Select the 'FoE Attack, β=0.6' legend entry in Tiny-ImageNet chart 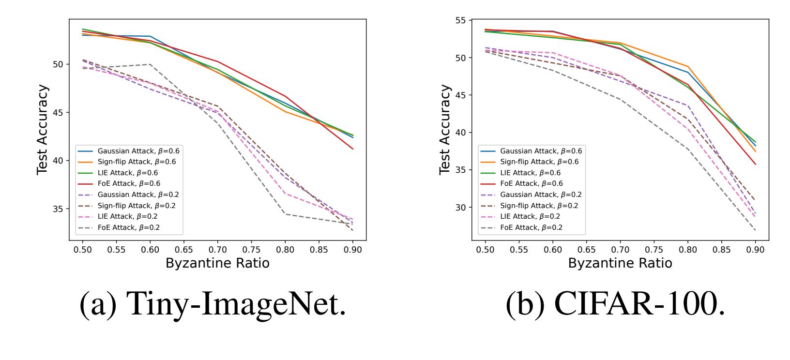point(129,184)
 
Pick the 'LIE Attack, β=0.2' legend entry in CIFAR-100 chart point(530,217)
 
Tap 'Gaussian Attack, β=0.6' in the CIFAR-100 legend point(541,151)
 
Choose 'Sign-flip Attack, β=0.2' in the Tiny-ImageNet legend point(137,206)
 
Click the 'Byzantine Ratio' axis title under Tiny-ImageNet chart point(217,263)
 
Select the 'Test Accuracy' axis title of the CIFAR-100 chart point(445,130)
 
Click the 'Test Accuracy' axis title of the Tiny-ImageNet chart point(43,130)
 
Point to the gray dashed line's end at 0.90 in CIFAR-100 point(755,230)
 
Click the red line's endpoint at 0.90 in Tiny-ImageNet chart point(353,149)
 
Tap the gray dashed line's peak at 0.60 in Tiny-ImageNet point(150,64)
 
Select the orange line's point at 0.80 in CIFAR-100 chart point(687,66)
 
